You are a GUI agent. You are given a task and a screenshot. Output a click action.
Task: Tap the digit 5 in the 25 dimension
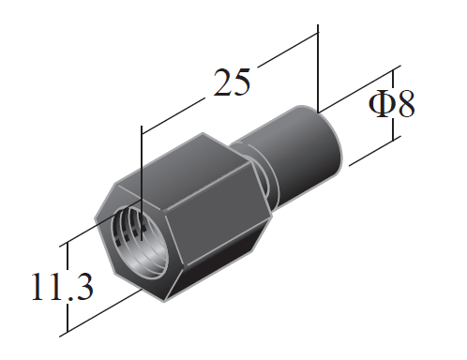[242, 83]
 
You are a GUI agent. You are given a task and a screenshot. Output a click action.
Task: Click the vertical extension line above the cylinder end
[319, 66]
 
